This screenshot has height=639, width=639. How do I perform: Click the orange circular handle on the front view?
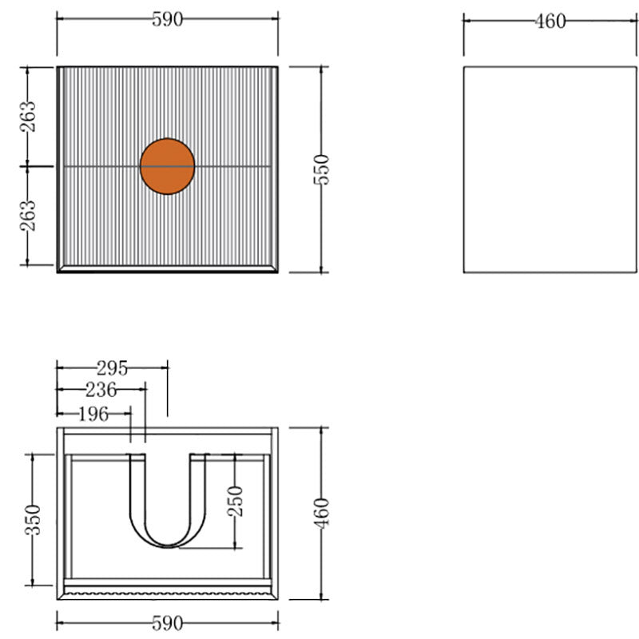click(x=168, y=166)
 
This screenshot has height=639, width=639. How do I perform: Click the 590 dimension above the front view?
click(x=168, y=19)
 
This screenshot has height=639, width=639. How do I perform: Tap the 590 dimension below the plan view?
click(x=168, y=623)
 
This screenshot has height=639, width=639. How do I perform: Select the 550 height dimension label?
click(x=322, y=169)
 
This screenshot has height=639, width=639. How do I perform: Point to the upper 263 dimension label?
click(x=28, y=117)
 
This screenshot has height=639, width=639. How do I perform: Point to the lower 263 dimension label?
click(x=28, y=216)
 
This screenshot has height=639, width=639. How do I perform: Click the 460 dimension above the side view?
click(x=550, y=22)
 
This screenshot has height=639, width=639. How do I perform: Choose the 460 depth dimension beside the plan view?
click(x=322, y=514)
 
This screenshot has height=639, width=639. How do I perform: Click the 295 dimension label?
click(x=112, y=368)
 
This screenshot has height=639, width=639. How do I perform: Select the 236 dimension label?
click(x=101, y=390)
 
